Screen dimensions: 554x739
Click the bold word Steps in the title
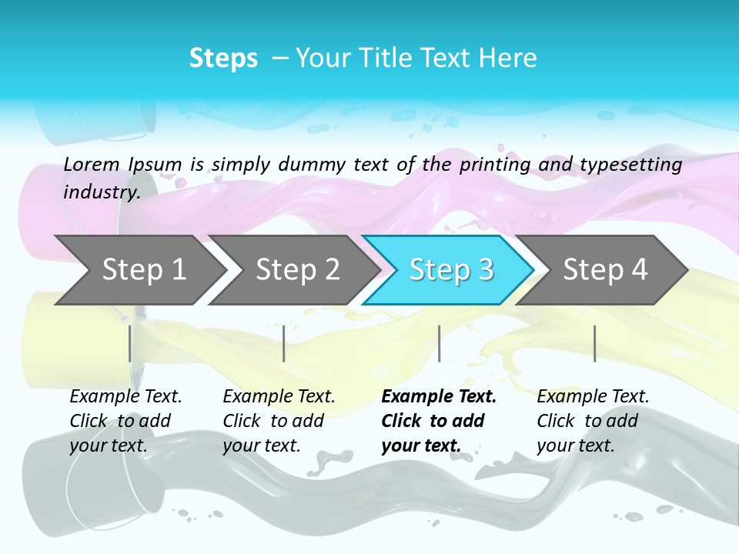(x=223, y=58)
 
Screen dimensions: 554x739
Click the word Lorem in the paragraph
(x=91, y=164)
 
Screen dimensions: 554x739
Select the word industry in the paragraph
(x=100, y=192)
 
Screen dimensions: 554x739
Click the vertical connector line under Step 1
(x=130, y=343)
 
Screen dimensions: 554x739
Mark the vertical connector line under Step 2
(x=284, y=343)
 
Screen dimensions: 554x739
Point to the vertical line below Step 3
(x=439, y=343)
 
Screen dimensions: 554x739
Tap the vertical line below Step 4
(x=594, y=343)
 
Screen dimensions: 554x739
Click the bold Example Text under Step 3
(x=439, y=397)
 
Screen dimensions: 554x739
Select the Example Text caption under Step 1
(x=125, y=397)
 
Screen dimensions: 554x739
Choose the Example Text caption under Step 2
(x=279, y=397)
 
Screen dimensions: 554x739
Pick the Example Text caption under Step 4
(x=593, y=397)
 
